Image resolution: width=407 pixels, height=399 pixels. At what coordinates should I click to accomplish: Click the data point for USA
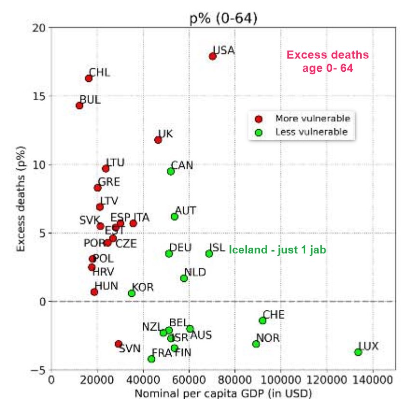[213, 56]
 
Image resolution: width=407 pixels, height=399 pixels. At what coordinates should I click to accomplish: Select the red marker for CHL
[89, 78]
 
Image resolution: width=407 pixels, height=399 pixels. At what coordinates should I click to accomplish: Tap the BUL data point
[80, 106]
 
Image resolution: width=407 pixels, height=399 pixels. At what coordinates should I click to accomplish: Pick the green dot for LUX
[358, 352]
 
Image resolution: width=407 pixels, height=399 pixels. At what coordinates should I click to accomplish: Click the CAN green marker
[171, 171]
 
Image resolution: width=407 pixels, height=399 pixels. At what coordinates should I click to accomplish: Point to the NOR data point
[256, 344]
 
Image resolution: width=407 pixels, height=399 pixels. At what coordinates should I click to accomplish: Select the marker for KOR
[132, 293]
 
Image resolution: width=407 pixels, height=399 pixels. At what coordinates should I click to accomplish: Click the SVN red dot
[119, 344]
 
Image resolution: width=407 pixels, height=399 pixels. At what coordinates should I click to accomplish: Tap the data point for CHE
[263, 320]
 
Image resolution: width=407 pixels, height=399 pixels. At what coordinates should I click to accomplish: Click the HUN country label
[106, 286]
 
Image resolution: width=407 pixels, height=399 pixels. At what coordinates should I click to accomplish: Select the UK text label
[165, 133]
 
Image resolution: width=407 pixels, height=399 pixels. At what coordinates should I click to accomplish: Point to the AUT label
[186, 211]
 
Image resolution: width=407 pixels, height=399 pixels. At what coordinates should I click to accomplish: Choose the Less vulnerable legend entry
[312, 132]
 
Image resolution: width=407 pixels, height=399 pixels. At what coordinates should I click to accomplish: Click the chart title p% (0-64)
[223, 19]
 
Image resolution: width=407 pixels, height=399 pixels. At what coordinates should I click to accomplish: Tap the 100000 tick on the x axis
[281, 379]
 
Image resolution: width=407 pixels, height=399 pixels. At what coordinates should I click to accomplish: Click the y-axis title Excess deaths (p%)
[20, 198]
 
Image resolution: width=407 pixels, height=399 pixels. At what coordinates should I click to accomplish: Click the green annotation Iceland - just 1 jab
[278, 250]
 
